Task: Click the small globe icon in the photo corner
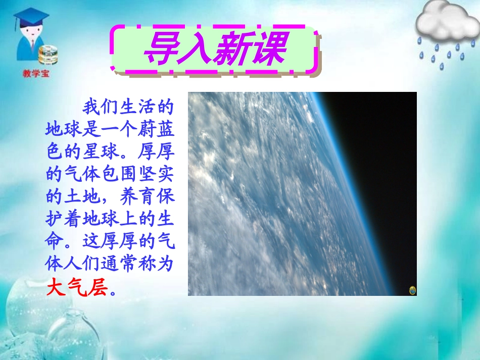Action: coord(412,290)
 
